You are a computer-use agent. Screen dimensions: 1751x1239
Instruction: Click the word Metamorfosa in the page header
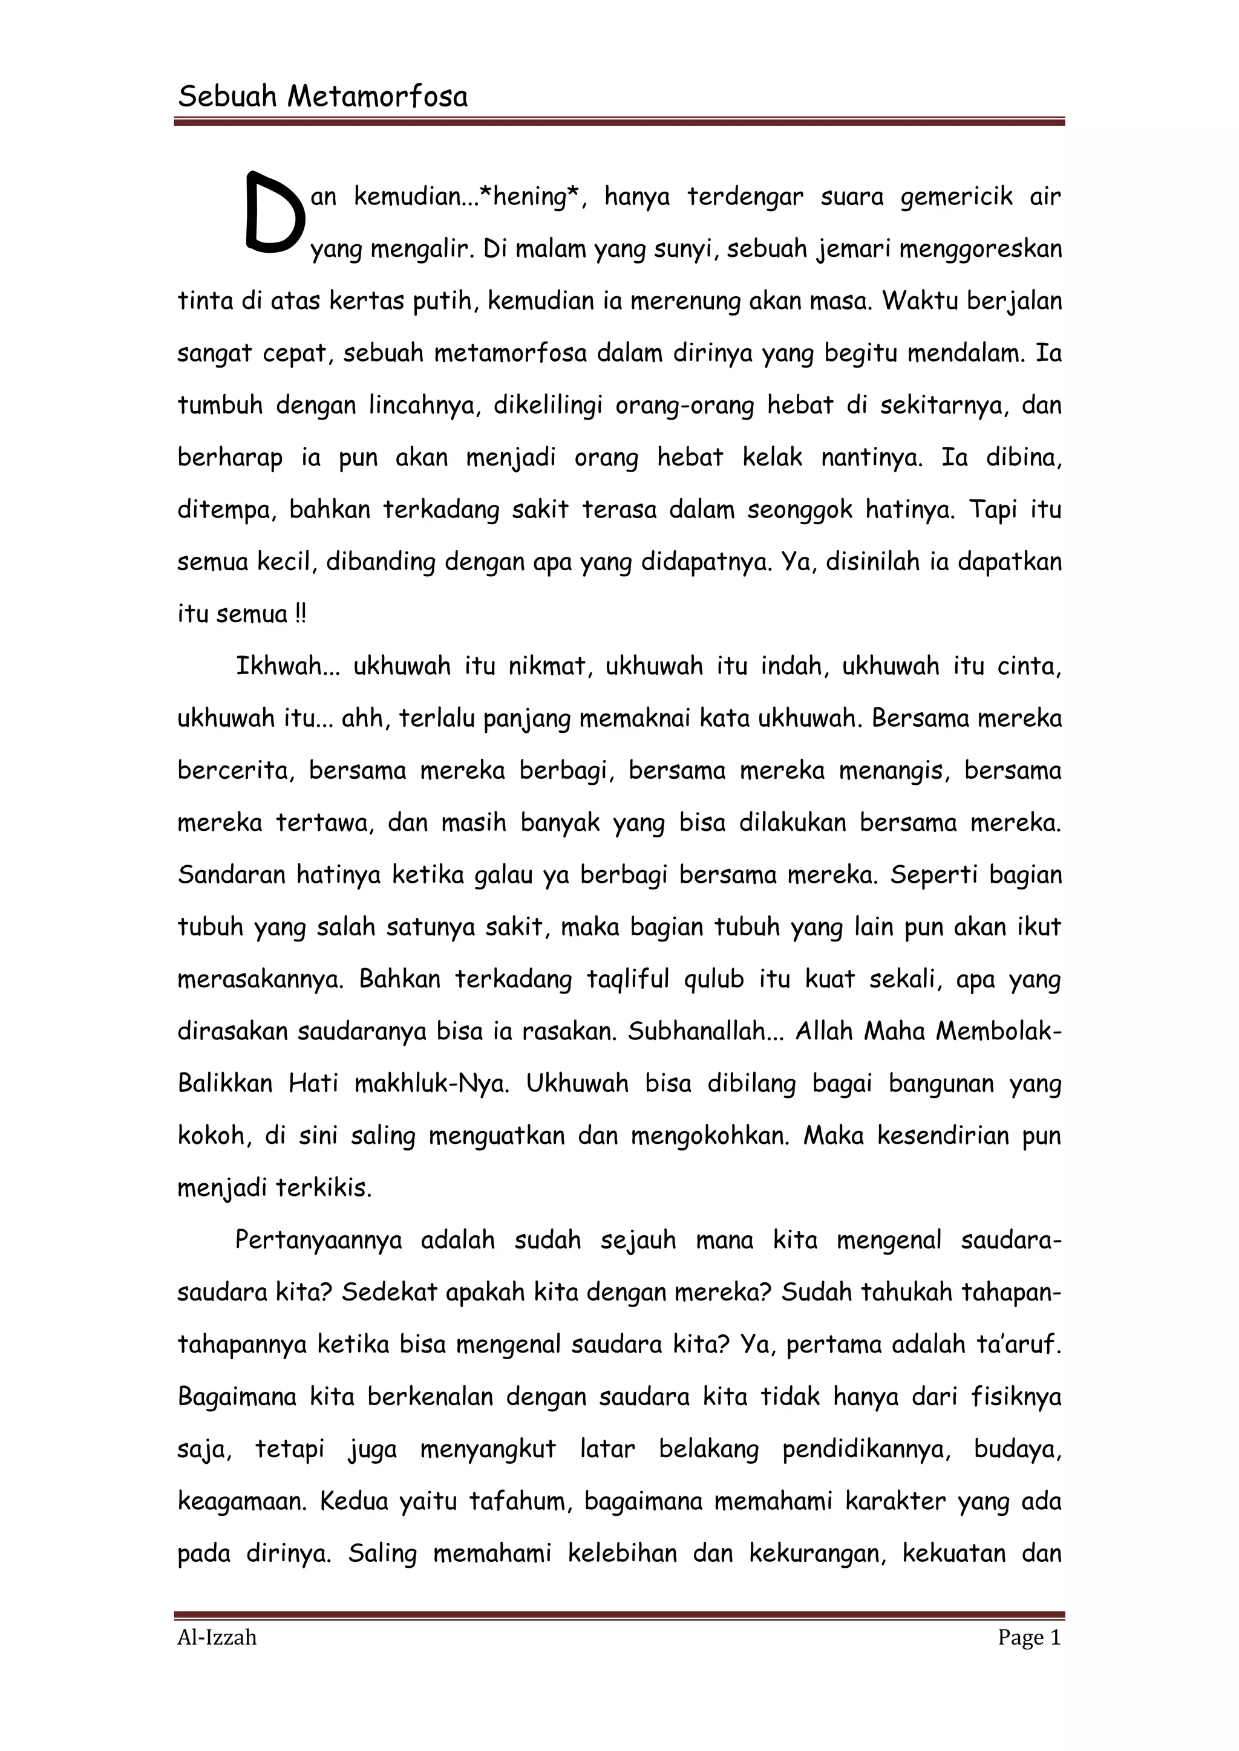click(377, 97)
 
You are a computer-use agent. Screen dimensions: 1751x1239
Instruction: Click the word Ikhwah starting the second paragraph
click(278, 666)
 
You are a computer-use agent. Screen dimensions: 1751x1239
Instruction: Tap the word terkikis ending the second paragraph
click(324, 1187)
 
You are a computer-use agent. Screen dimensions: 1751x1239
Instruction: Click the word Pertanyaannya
click(318, 1240)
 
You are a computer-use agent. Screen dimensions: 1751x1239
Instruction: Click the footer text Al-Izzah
click(217, 1637)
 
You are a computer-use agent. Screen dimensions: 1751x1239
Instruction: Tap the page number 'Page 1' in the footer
click(1029, 1637)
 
